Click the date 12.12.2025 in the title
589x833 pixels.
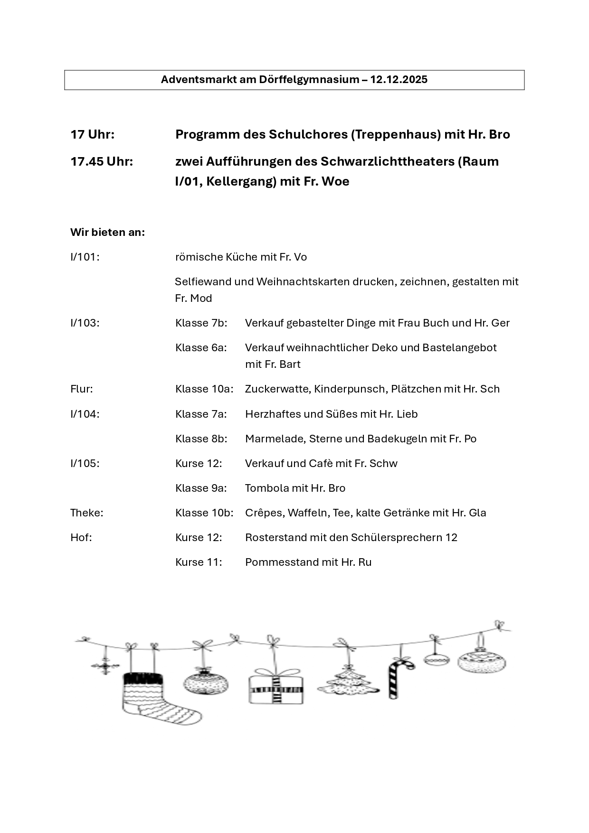[399, 80]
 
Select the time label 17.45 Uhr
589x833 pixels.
[102, 162]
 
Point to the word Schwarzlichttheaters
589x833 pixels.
[387, 162]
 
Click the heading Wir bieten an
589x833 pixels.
[107, 233]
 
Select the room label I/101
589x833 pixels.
[85, 257]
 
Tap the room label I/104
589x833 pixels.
[85, 414]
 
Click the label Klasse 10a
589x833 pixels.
[204, 389]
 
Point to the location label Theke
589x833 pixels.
[86, 513]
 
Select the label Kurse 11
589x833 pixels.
[199, 562]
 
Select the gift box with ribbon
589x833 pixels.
[276, 687]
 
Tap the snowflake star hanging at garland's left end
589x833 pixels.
[105, 666]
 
